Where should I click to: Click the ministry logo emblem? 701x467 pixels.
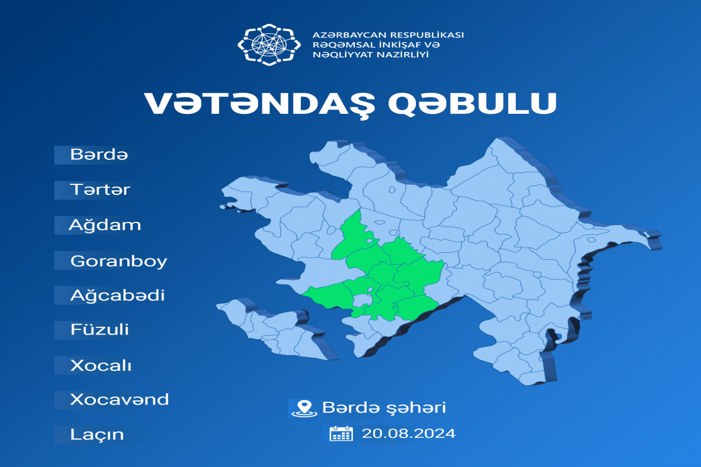[x=269, y=45]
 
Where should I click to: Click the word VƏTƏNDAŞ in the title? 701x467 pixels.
[x=260, y=104]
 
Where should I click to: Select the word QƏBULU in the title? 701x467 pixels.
[x=473, y=103]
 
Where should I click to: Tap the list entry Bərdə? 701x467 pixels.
[x=99, y=154]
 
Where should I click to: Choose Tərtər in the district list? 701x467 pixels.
[x=100, y=190]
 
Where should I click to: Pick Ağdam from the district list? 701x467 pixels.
[x=105, y=225]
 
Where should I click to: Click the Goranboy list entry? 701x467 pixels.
[x=119, y=261]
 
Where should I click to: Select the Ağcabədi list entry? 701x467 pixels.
[x=117, y=295]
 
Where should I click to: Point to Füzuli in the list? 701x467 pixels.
[x=99, y=329]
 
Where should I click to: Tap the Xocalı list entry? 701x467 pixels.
[x=100, y=365]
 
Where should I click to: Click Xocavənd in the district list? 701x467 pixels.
[x=120, y=399]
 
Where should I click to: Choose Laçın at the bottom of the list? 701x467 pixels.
[x=97, y=435]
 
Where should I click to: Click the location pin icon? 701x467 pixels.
[x=304, y=409]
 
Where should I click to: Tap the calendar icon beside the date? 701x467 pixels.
[x=341, y=434]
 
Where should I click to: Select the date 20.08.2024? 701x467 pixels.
[x=408, y=434]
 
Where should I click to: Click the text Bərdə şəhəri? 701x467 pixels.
[x=384, y=408]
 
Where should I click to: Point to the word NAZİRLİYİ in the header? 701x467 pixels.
[x=402, y=55]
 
